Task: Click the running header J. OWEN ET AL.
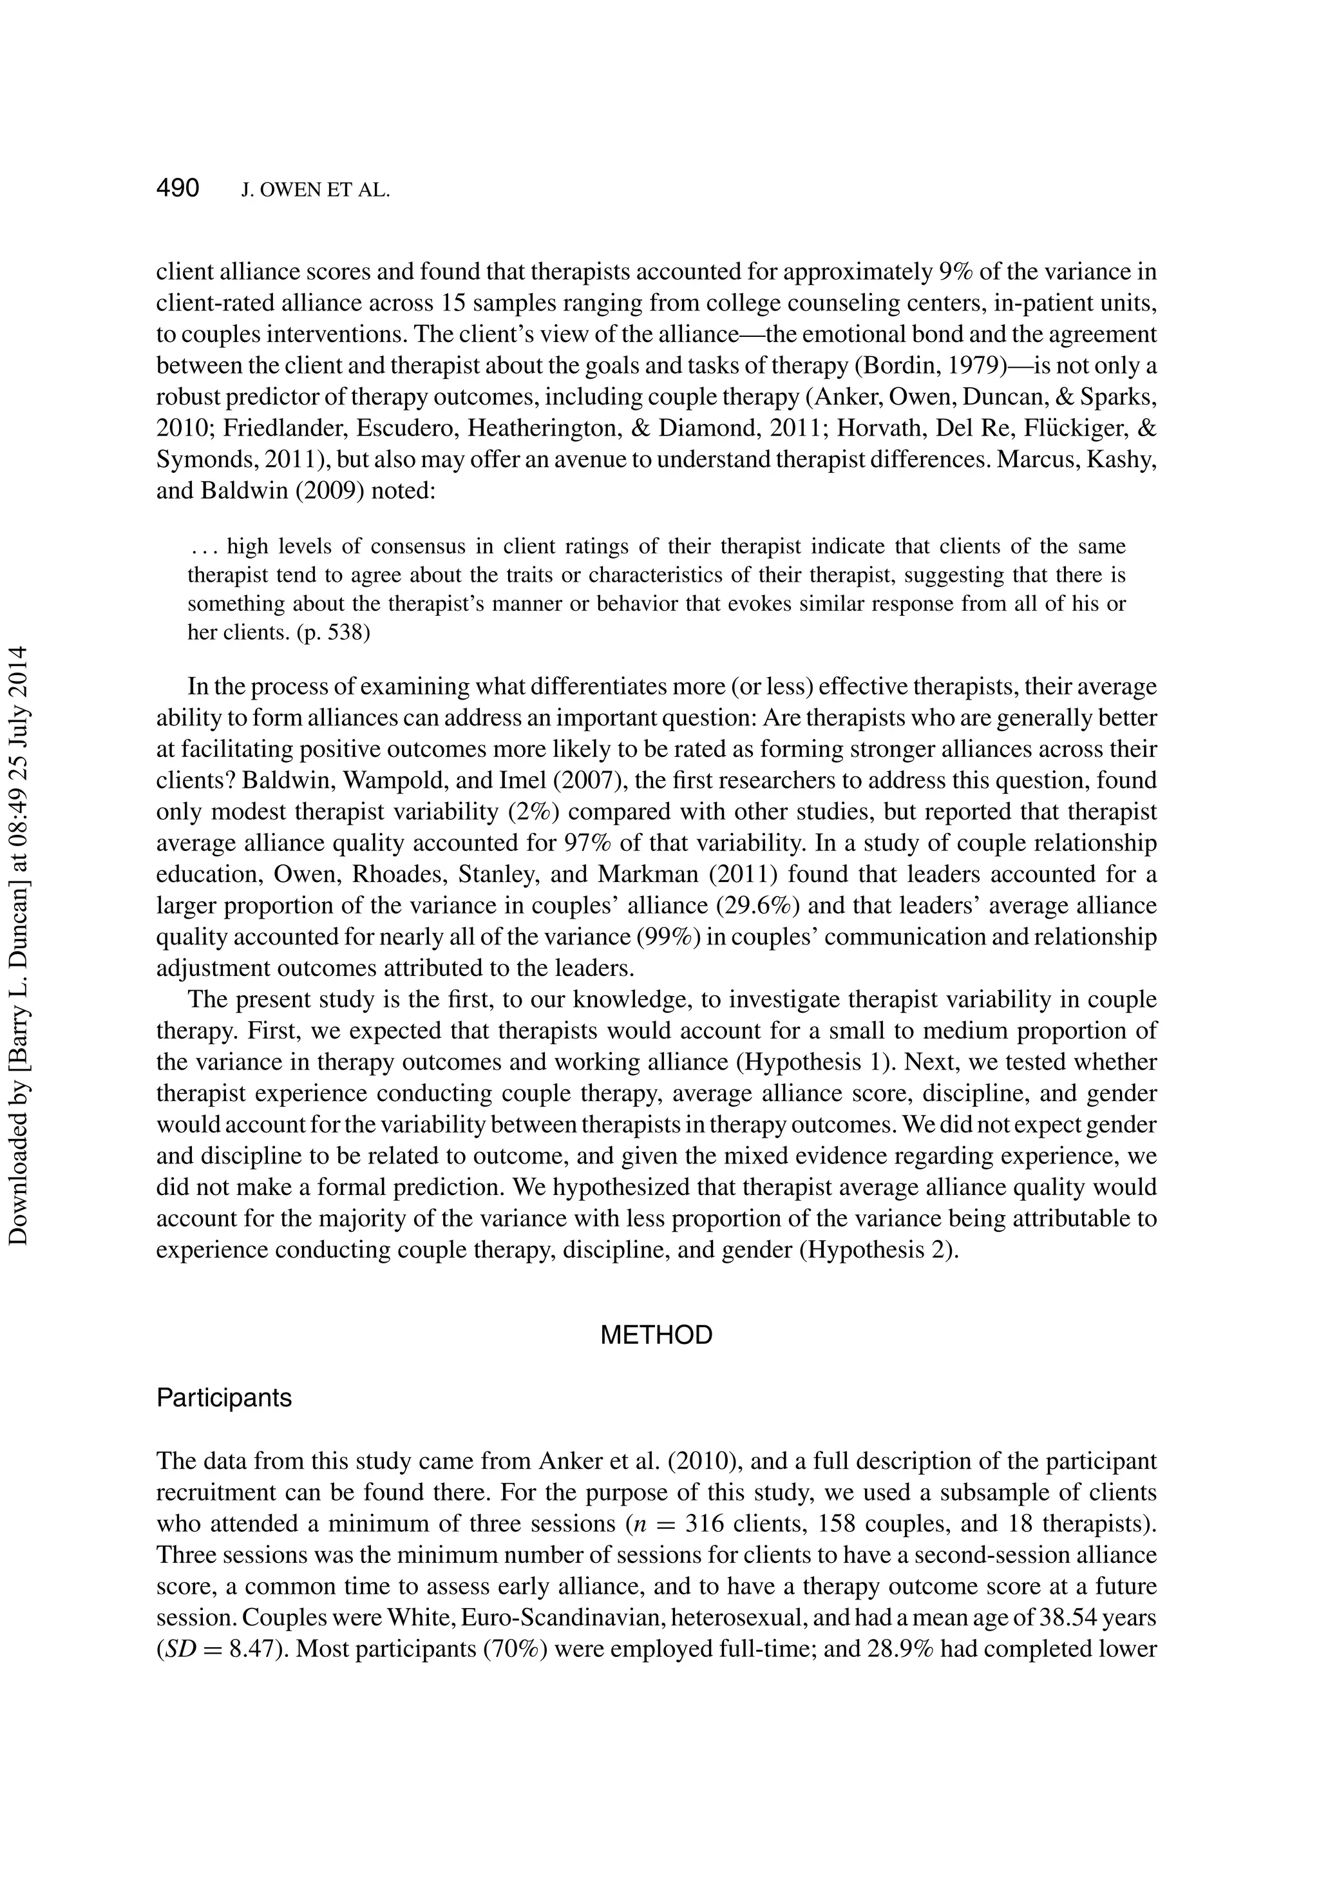coord(315,191)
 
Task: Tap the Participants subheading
coord(224,1397)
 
